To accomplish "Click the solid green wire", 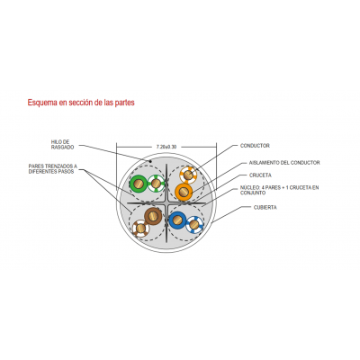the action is coord(138,184).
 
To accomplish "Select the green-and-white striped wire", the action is coord(156,183).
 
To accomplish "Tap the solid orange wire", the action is coord(184,192).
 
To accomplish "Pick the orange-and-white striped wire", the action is coord(188,175).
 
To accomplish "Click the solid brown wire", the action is coord(153,216).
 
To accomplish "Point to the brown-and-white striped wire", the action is coord(140,229).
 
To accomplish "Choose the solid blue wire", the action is coord(177,220).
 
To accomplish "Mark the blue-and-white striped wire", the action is coord(194,225).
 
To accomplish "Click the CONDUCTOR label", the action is coord(255,146).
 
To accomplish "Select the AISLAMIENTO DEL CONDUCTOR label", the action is coord(284,163).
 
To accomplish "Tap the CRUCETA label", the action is coord(260,175).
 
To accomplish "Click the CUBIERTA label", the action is coord(265,207).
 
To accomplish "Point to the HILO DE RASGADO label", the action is coord(62,144).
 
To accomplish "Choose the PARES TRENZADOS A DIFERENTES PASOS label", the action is coord(53,168).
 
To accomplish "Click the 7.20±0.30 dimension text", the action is coord(166,147).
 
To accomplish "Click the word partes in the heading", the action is coord(124,103).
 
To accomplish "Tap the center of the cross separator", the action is coord(166,203).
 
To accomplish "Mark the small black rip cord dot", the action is coord(151,161).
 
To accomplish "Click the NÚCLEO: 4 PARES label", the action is coord(279,190).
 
